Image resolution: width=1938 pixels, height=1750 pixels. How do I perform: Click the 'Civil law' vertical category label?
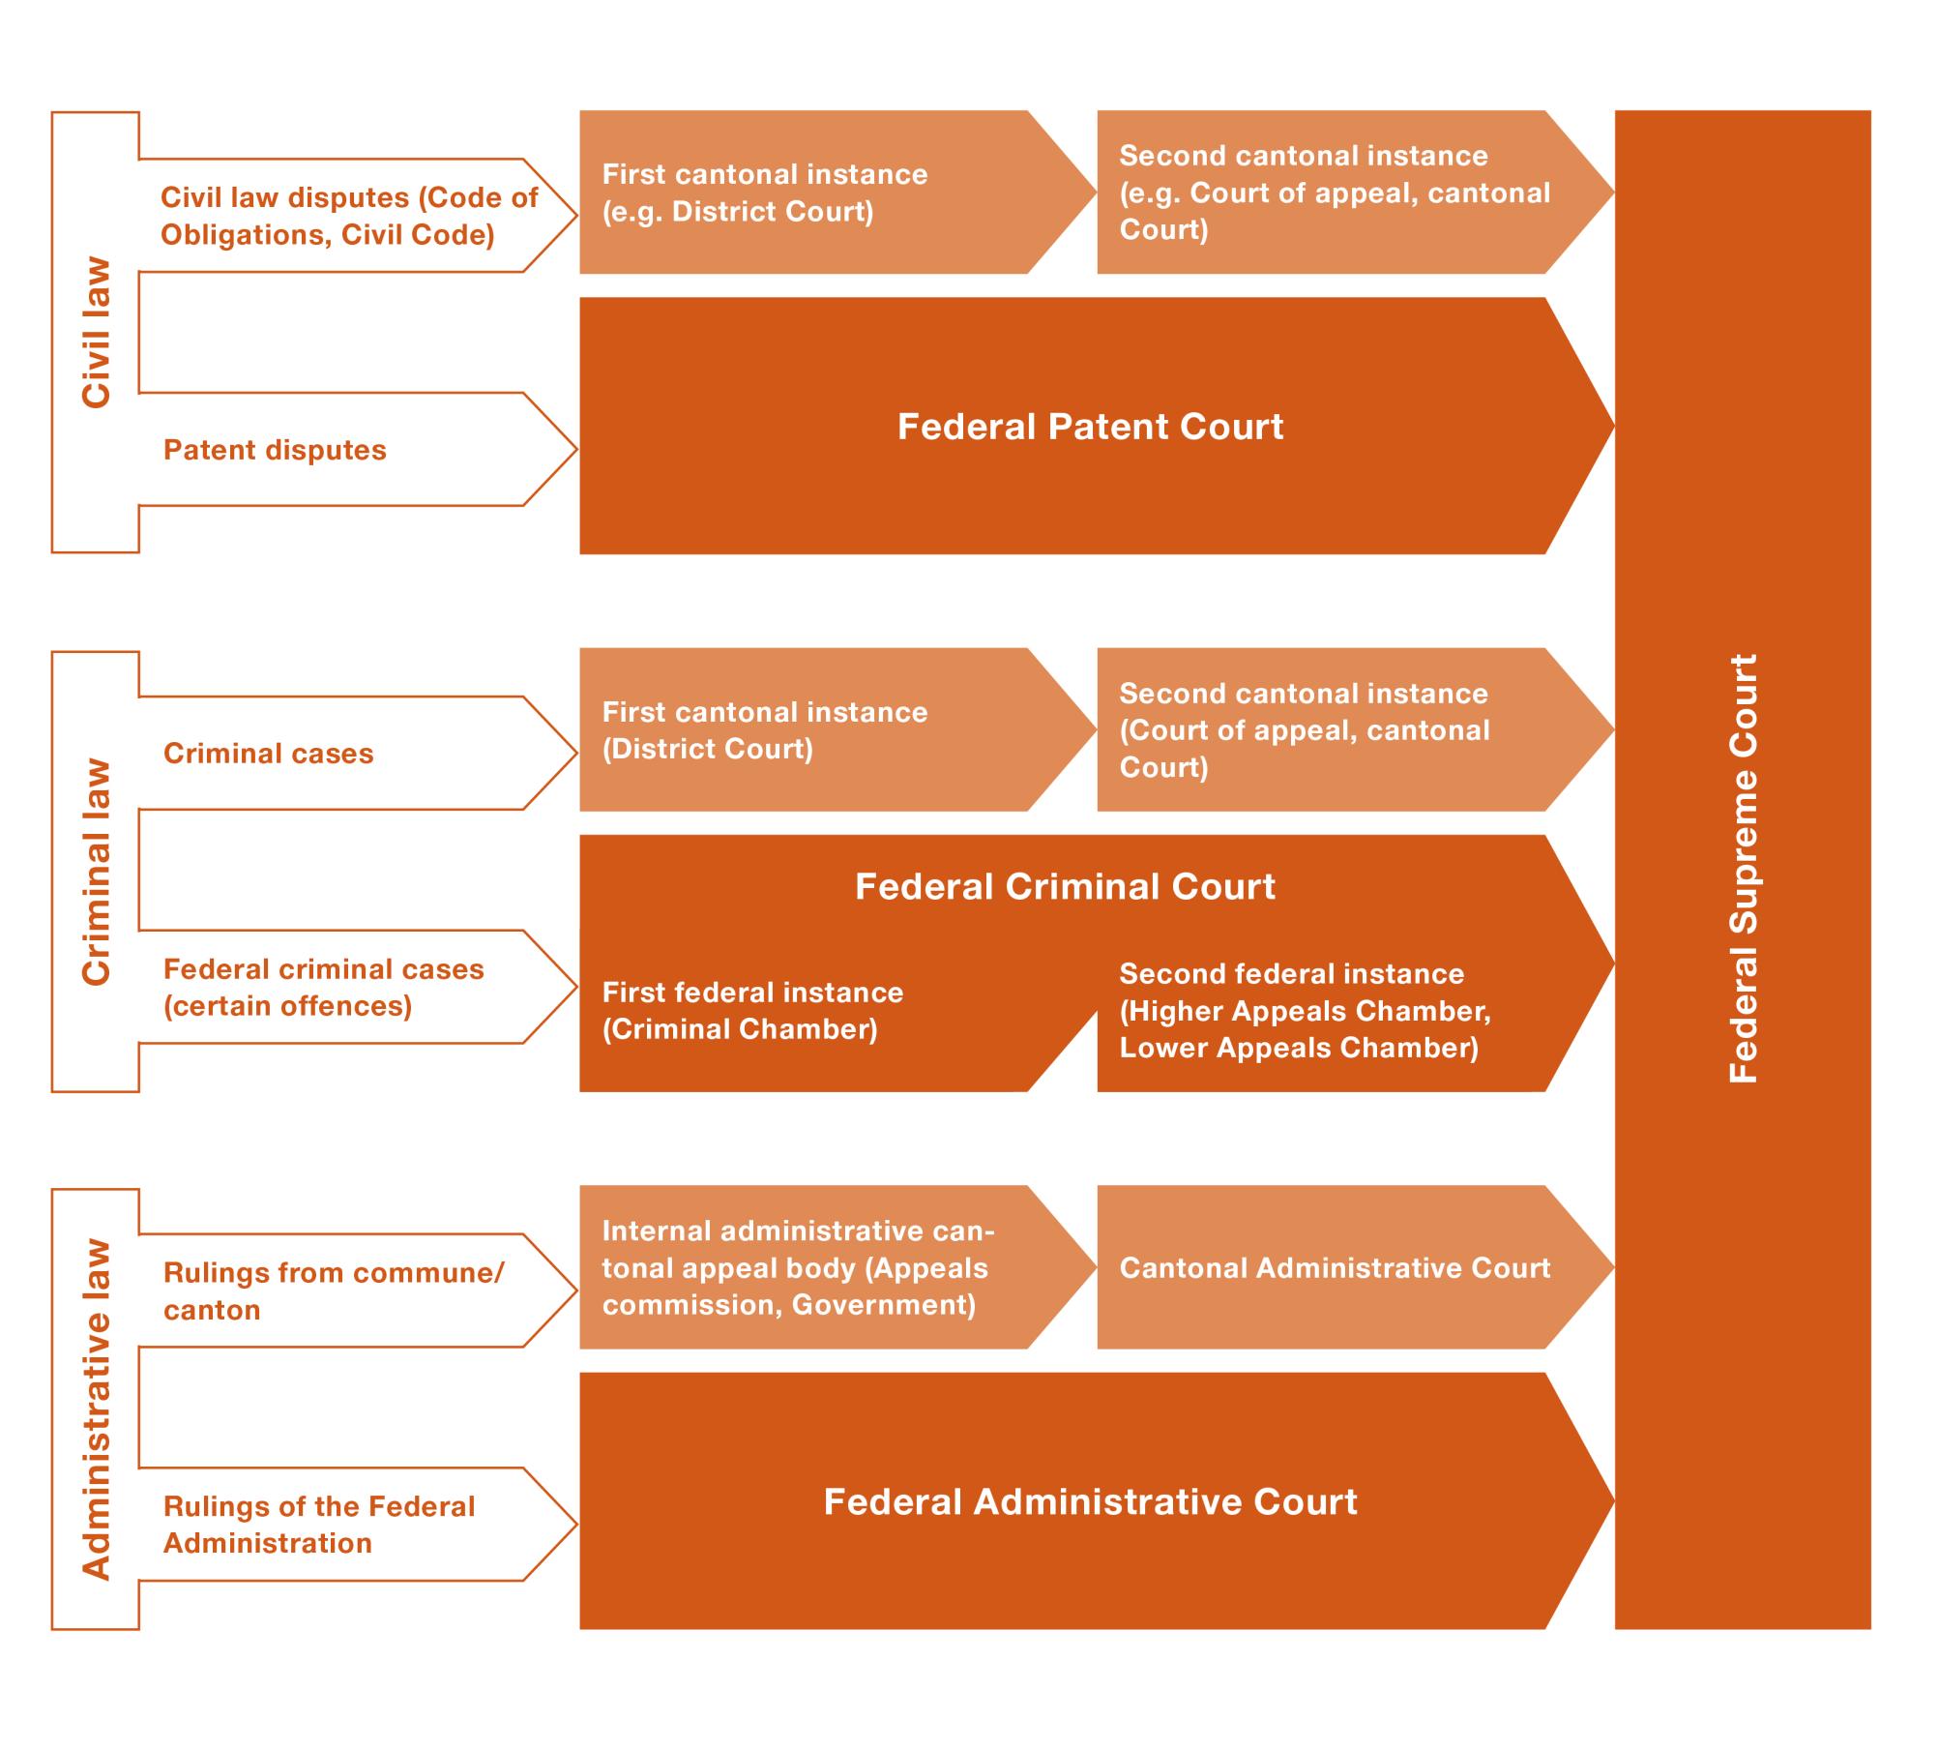[97, 332]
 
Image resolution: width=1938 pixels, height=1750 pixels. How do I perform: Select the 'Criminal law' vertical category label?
[97, 872]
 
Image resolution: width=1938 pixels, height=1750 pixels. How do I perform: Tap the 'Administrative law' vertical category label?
[97, 1409]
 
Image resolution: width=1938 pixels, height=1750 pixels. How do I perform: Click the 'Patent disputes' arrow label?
[275, 450]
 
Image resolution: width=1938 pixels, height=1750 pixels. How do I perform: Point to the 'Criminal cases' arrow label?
[268, 754]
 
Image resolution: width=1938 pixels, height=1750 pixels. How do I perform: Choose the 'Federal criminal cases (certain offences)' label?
[323, 988]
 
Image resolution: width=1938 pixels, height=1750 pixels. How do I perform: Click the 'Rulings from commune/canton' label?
[333, 1291]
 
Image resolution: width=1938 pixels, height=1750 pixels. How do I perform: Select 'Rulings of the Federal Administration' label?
[319, 1525]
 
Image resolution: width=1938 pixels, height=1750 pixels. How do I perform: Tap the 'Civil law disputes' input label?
[348, 216]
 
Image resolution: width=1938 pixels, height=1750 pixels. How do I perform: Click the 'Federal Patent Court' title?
[1090, 427]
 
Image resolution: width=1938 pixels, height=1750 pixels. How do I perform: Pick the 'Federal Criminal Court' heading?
[1065, 887]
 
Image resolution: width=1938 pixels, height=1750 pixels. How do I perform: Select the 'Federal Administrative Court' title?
[1090, 1502]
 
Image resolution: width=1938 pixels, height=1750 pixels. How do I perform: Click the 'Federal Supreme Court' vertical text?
[1743, 869]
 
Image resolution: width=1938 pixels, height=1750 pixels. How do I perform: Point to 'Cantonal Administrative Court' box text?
[1335, 1268]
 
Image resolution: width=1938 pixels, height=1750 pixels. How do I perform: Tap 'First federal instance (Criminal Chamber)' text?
[752, 1011]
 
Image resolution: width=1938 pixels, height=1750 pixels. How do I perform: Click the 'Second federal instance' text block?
[1305, 1011]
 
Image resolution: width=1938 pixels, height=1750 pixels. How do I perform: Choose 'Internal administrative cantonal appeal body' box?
[798, 1268]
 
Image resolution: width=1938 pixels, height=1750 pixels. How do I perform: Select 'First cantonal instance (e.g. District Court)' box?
[764, 193]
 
